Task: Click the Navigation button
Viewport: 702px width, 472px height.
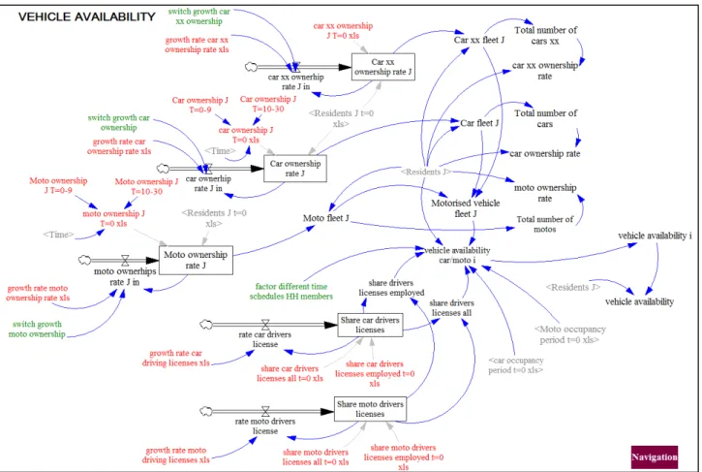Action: (655, 456)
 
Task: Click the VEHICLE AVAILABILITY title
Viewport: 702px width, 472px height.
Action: (86, 17)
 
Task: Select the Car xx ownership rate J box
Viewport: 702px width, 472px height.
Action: (382, 67)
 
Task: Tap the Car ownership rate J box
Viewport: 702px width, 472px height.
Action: (295, 168)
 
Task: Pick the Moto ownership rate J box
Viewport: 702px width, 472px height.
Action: (196, 260)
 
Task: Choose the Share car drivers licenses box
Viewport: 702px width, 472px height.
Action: (370, 325)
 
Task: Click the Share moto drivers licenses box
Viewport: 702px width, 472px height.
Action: (370, 409)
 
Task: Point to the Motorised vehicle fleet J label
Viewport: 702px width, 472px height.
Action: (465, 208)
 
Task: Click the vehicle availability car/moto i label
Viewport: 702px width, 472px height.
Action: (457, 255)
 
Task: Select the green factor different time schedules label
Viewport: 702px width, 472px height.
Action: (291, 291)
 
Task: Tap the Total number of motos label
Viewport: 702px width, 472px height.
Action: (544, 224)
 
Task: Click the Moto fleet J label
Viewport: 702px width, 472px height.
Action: (326, 218)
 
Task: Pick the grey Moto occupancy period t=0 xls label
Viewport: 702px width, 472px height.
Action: (569, 334)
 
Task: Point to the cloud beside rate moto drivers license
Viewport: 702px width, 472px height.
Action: (206, 411)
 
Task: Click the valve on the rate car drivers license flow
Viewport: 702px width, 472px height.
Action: (265, 325)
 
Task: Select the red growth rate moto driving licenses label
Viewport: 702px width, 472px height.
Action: (175, 455)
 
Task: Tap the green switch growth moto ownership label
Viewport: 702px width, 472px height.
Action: (37, 329)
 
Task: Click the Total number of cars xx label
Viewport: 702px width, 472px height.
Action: (545, 36)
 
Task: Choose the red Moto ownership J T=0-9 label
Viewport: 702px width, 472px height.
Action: (58, 185)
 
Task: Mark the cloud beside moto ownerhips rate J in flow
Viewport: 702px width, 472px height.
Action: (84, 260)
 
